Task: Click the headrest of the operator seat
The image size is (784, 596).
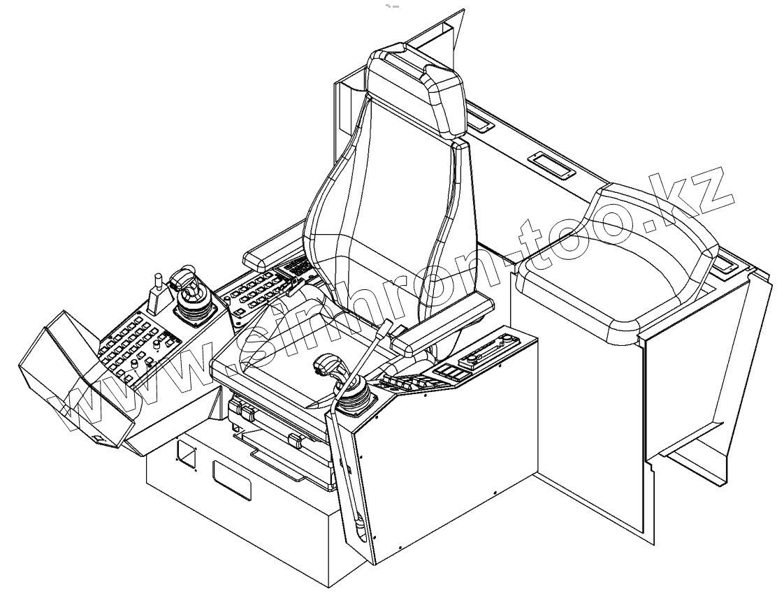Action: click(416, 91)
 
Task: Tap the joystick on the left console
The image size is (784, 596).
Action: click(190, 293)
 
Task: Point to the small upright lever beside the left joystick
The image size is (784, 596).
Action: click(158, 293)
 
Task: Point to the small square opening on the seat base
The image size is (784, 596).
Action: click(187, 454)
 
